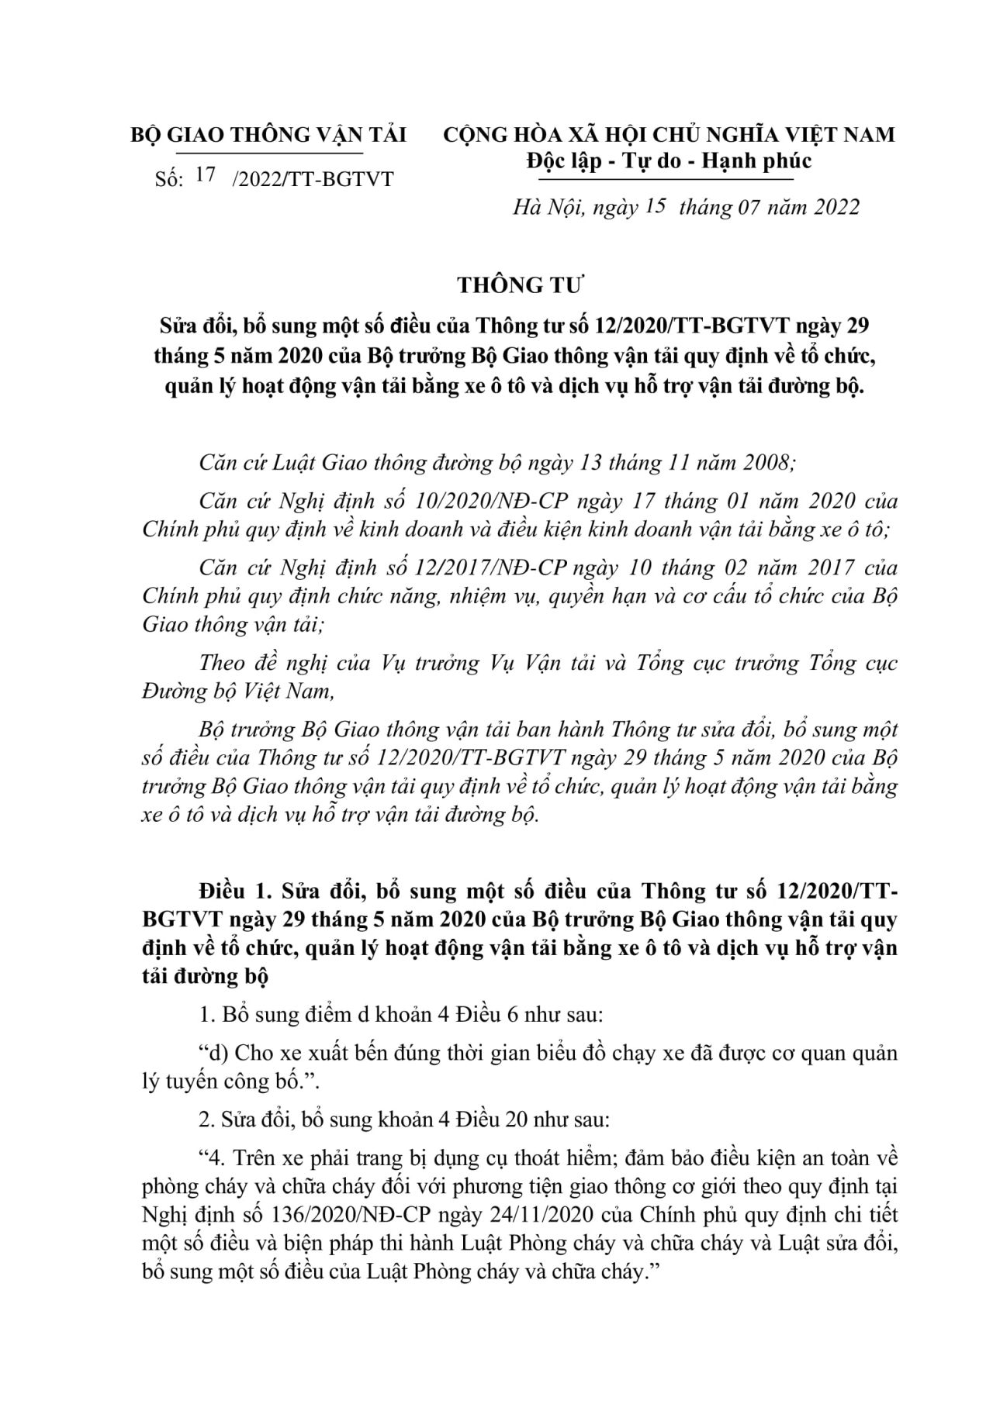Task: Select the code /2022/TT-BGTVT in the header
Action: click(313, 180)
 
